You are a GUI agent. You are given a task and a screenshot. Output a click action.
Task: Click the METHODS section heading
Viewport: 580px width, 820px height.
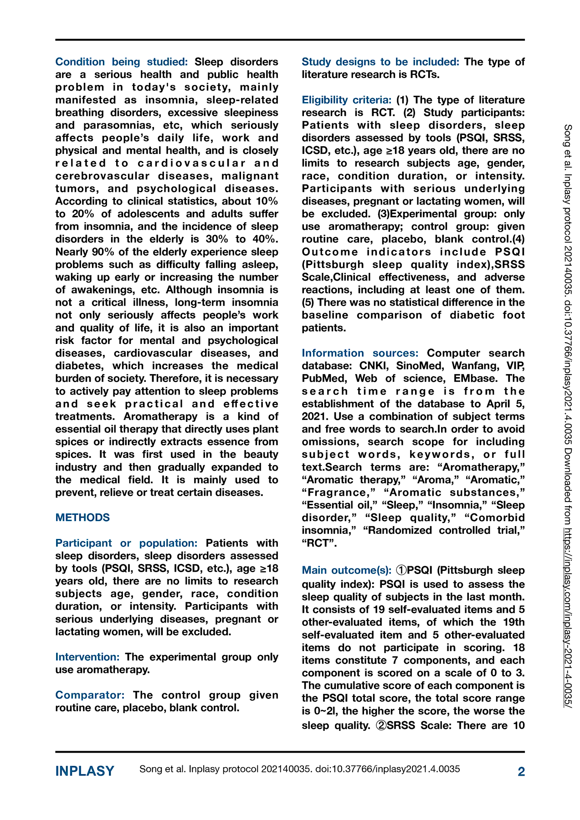pos(82,518)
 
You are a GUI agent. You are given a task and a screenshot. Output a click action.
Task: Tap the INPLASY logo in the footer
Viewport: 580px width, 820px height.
pos(85,771)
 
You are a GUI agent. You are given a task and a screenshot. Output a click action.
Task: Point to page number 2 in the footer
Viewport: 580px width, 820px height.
pos(521,771)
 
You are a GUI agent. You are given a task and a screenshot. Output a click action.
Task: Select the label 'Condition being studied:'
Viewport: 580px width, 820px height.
pos(121,62)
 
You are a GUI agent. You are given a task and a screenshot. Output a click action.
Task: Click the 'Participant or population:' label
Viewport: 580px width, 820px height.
pos(126,543)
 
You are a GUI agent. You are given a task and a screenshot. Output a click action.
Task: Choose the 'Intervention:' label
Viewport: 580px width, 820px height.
pos(87,657)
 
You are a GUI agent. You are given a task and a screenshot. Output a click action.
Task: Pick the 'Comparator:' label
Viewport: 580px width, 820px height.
pos(90,695)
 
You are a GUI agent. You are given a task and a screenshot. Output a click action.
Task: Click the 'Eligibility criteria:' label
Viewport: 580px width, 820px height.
pos(346,100)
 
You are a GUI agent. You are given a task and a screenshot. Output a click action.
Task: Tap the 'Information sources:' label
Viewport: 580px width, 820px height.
pos(360,353)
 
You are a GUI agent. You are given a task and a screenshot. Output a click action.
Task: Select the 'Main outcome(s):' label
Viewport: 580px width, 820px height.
pos(346,570)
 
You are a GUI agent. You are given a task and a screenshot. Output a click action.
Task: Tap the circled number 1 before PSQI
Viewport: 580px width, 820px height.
pos(401,570)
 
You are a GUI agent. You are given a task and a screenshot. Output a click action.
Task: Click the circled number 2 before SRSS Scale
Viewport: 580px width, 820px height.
pos(381,725)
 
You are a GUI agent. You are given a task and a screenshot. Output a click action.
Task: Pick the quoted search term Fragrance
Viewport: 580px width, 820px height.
pos(339,492)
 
